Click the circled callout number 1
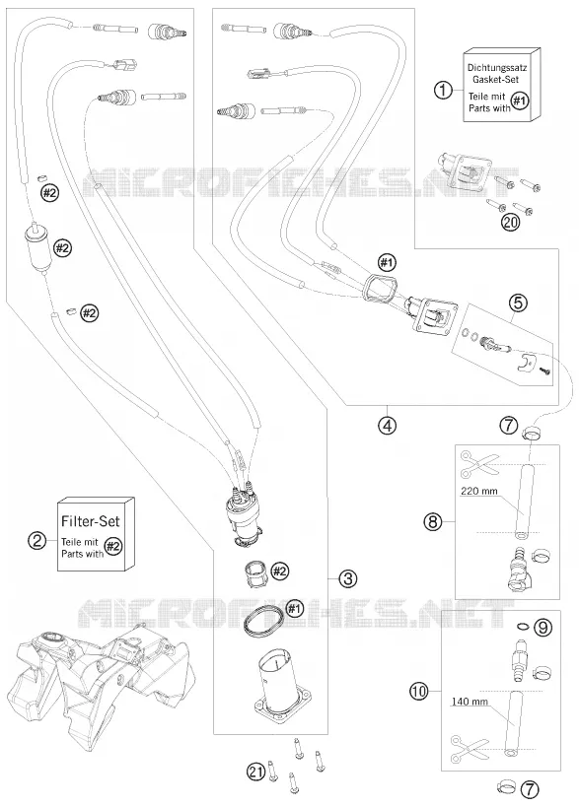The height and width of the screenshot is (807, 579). pos(443,91)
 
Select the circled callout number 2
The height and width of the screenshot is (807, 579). pos(36,540)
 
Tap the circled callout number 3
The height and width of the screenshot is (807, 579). pos(348,578)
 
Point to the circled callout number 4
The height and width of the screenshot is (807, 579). pos(387,425)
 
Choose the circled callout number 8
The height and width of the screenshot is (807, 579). pos(433,522)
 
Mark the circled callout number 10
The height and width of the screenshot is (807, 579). pos(420,691)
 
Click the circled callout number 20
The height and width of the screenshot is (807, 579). pos(512,223)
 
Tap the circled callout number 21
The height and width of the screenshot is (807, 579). pos(256,772)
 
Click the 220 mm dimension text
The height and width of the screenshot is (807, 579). pos(479,491)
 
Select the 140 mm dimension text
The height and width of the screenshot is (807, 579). pos(469,702)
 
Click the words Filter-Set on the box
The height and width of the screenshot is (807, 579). pos(90,521)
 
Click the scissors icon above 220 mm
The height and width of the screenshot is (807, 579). pos(480,463)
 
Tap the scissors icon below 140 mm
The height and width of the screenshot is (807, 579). pos(470,748)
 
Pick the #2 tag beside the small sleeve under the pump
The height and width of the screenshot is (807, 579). pos(280,571)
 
